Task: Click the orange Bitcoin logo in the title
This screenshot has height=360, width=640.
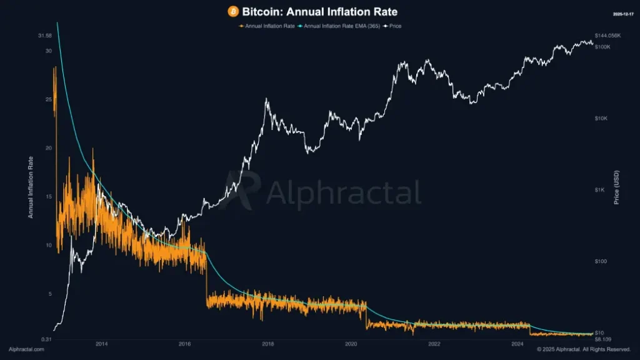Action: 234,12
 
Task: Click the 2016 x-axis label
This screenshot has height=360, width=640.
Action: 185,344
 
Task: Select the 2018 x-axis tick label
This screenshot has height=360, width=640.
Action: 268,344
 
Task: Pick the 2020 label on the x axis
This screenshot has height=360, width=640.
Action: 351,344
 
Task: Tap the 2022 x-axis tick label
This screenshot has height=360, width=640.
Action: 434,344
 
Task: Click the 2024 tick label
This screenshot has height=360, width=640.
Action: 517,344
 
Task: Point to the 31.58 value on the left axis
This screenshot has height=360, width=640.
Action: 44,36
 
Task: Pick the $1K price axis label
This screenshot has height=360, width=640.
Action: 600,189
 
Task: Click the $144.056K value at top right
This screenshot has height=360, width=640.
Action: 608,36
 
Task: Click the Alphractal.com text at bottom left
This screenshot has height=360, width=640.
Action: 26,349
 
